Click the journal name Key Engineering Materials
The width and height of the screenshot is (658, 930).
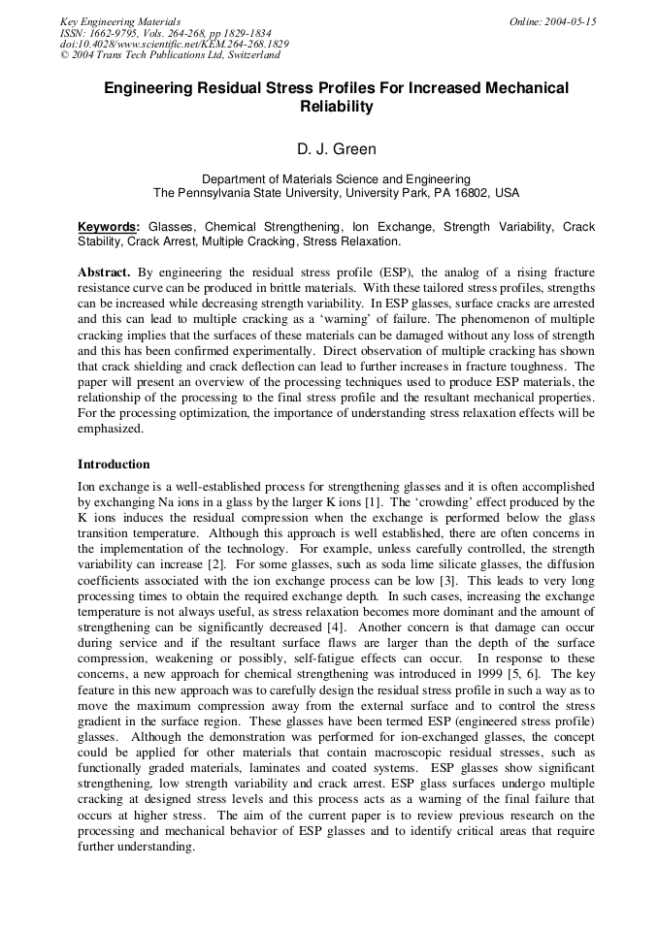coord(119,20)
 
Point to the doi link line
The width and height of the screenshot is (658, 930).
coord(174,44)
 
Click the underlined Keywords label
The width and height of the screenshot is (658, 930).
coord(109,227)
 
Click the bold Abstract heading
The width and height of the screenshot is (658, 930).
coord(105,273)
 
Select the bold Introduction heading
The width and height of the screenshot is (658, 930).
coord(114,464)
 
